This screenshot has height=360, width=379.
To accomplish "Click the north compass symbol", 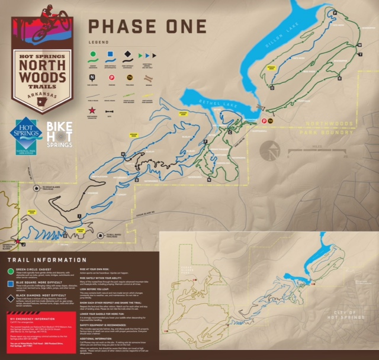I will [x=271, y=150].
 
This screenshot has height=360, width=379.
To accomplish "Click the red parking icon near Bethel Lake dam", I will [x=264, y=121].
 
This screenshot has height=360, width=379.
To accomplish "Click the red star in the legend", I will [x=92, y=110].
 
